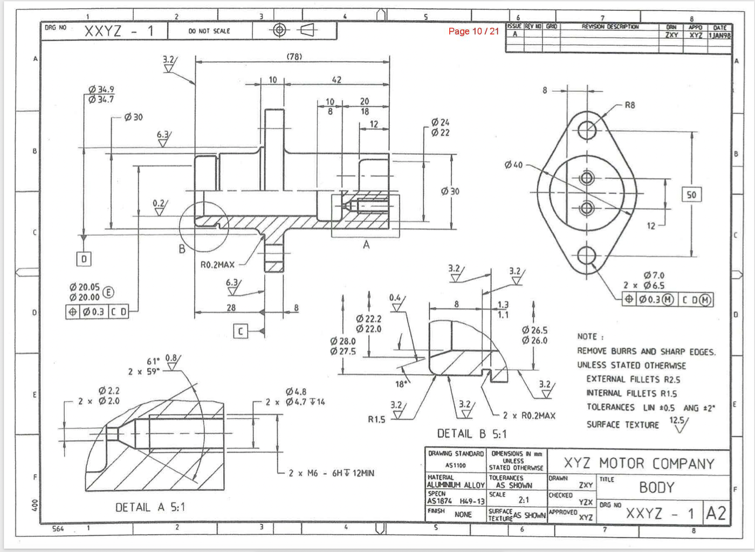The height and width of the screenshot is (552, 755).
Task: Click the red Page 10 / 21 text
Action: pos(473,31)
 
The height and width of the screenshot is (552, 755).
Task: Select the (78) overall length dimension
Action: pos(294,56)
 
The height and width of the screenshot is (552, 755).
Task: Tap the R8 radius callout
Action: pos(629,105)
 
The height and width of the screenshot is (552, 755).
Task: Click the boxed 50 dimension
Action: pos(691,195)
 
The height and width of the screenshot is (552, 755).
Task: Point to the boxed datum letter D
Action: pos(84,259)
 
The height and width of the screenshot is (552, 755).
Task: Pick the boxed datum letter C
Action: pos(241,331)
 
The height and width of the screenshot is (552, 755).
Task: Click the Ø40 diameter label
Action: pos(513,165)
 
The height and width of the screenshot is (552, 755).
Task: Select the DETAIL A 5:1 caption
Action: pos(150,507)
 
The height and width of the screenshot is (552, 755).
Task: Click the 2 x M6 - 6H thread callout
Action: pos(331,473)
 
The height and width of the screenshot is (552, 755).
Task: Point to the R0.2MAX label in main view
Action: pos(217,265)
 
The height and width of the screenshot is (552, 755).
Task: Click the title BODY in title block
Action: pos(656,487)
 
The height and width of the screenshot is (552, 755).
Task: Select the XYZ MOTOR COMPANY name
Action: pos(639,464)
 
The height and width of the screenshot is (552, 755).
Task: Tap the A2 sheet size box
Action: pos(716,513)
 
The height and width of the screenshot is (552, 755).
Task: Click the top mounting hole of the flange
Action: pos(586,130)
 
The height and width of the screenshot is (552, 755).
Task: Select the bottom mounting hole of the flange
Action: pos(586,255)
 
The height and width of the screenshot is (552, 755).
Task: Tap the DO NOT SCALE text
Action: pos(209,31)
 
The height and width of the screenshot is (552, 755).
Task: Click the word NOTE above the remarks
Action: pos(587,336)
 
